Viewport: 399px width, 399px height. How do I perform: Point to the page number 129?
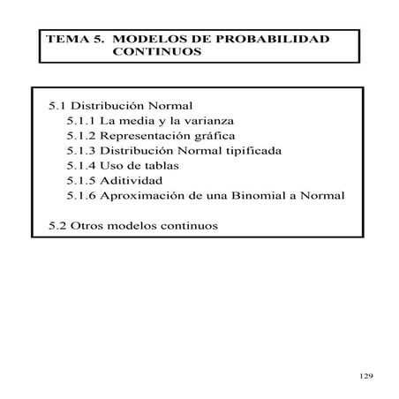367,377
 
